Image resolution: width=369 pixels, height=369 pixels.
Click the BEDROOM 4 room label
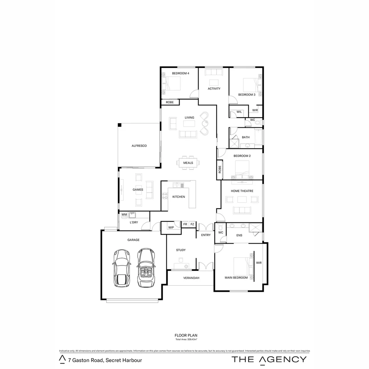click(x=180, y=73)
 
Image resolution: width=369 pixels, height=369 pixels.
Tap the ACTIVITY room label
click(x=214, y=89)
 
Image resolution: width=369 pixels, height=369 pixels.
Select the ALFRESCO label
click(x=139, y=146)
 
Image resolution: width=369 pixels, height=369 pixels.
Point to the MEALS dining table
click(x=188, y=163)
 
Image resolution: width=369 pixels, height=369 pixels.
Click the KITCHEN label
click(x=178, y=197)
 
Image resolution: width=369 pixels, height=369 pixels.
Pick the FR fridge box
click(x=185, y=224)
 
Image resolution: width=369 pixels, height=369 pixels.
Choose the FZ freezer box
click(x=192, y=224)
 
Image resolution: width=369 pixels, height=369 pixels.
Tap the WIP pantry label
click(x=171, y=228)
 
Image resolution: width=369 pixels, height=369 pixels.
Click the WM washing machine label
click(x=124, y=215)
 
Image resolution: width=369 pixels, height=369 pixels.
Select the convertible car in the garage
click(x=145, y=268)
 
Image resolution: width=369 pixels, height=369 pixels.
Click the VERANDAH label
click(x=191, y=278)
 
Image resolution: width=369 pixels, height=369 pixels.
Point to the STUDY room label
click(x=181, y=250)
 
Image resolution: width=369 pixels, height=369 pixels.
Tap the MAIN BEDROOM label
click(x=236, y=278)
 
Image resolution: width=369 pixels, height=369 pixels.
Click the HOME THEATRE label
click(x=242, y=191)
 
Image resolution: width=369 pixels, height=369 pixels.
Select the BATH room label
click(x=246, y=137)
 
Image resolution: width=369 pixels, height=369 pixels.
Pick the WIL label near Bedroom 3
click(x=239, y=112)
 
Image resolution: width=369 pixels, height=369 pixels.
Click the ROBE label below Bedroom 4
click(x=169, y=102)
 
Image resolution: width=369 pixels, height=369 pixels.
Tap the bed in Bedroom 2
click(x=243, y=168)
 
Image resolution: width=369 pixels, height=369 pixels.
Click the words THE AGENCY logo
click(x=269, y=359)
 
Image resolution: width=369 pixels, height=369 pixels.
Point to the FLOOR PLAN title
click(x=186, y=336)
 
